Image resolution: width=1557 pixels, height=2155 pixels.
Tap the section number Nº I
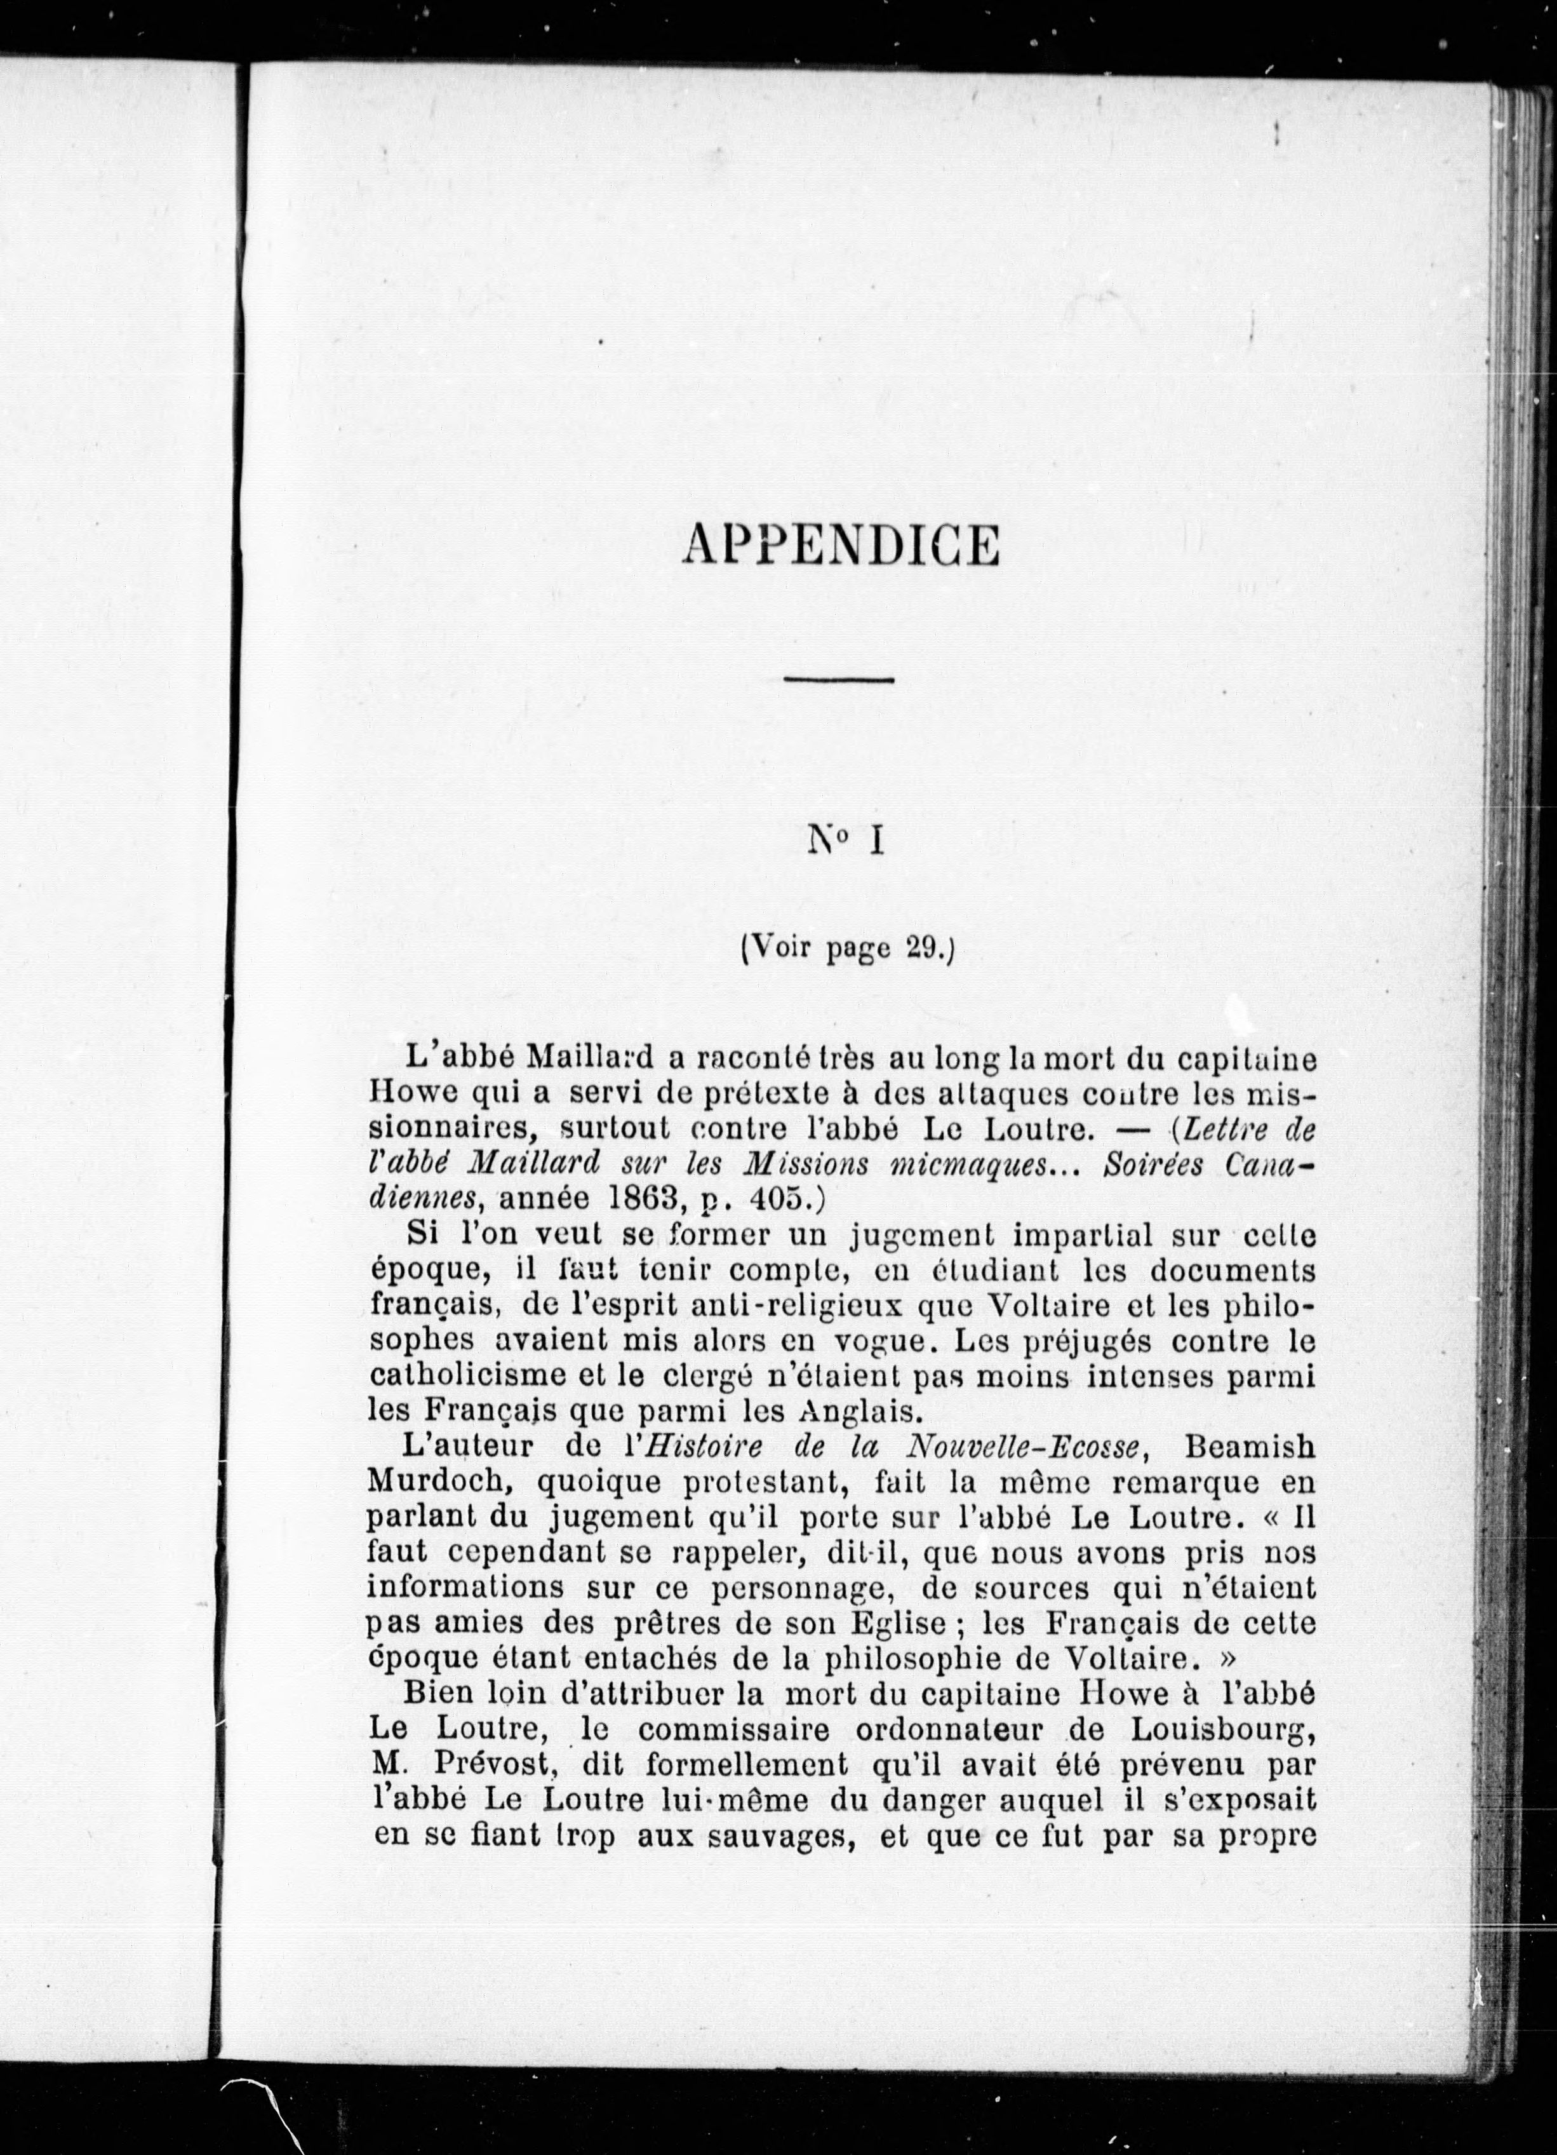845,842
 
